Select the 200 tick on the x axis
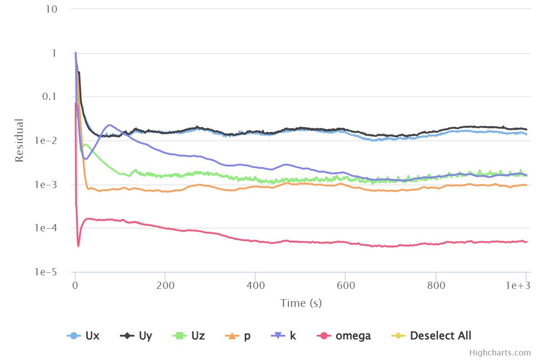tap(165, 286)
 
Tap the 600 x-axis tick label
tap(345, 286)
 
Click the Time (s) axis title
tap(301, 303)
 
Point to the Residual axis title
tap(19, 140)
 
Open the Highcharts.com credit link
tap(499, 353)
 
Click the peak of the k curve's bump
tap(109, 125)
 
